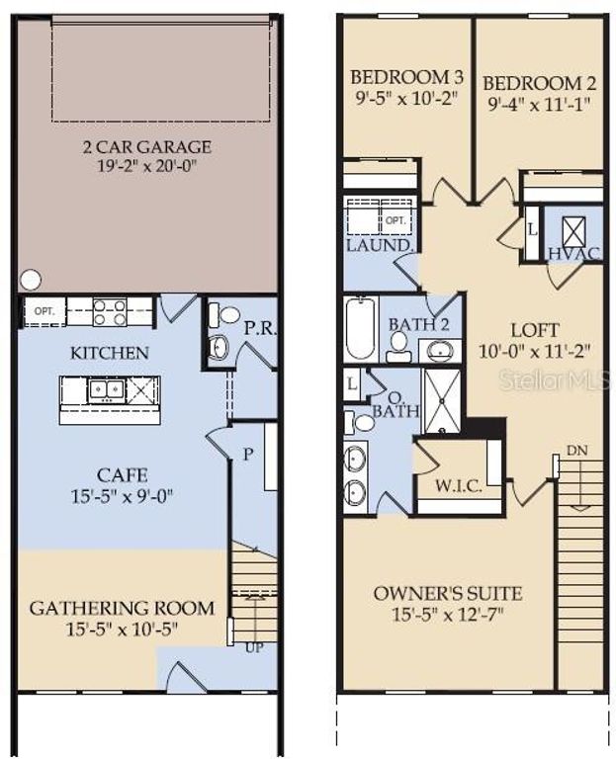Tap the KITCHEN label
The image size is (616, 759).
(110, 352)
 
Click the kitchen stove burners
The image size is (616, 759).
(110, 312)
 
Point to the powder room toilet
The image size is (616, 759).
(228, 315)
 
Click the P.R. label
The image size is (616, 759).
(259, 328)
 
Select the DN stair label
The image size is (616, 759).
(577, 451)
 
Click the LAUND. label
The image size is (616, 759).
(379, 244)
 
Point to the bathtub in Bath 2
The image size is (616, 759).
(361, 329)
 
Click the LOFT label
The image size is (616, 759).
(534, 330)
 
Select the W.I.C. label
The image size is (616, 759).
(459, 487)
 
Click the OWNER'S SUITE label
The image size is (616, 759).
(448, 594)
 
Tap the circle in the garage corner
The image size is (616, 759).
(31, 280)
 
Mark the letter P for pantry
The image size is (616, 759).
(248, 453)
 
